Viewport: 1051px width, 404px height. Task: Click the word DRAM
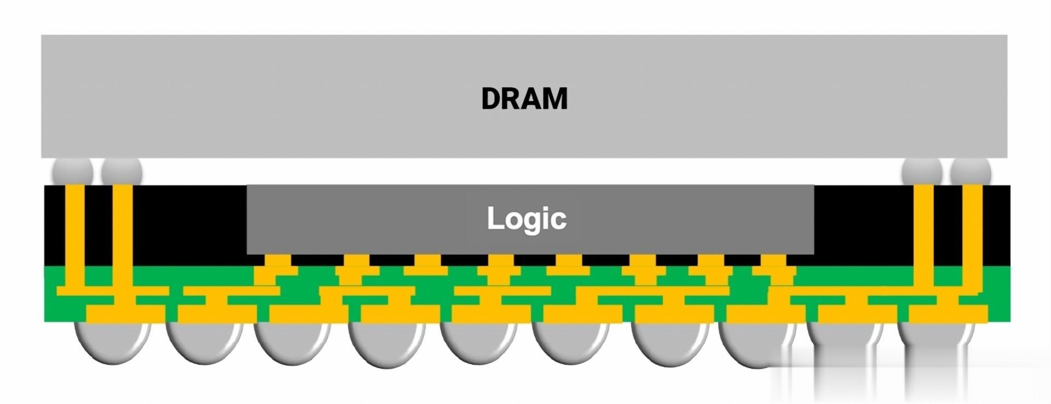(x=524, y=99)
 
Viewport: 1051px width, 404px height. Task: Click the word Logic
(x=526, y=218)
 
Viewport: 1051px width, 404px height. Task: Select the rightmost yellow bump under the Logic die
(x=774, y=262)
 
